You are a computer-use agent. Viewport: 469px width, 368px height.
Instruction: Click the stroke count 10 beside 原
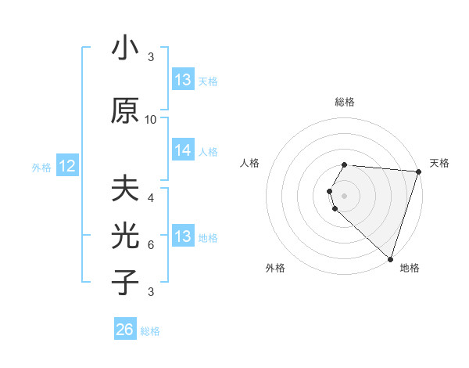tap(151, 119)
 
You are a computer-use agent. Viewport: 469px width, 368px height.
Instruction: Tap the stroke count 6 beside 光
tap(151, 244)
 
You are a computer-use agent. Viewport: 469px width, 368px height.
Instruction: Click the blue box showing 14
tap(183, 151)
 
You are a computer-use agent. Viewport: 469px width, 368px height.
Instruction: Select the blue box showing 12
tap(66, 166)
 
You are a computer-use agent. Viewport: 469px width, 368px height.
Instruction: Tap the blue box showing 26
tap(125, 330)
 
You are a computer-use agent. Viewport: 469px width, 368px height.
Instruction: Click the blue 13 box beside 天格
tap(183, 80)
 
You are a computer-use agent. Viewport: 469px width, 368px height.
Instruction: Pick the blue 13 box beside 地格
tap(183, 236)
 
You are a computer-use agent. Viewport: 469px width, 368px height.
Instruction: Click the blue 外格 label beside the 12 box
tap(41, 167)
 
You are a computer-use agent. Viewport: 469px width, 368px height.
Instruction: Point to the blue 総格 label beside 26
tap(150, 331)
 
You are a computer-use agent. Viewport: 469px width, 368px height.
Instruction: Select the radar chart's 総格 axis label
tap(345, 102)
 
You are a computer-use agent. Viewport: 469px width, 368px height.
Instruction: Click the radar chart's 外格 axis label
tap(275, 268)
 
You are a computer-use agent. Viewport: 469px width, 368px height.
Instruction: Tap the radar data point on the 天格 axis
tap(418, 172)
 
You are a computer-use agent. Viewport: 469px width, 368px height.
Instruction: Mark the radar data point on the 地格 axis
tap(391, 259)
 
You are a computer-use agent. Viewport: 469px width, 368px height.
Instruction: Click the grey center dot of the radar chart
tap(345, 194)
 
